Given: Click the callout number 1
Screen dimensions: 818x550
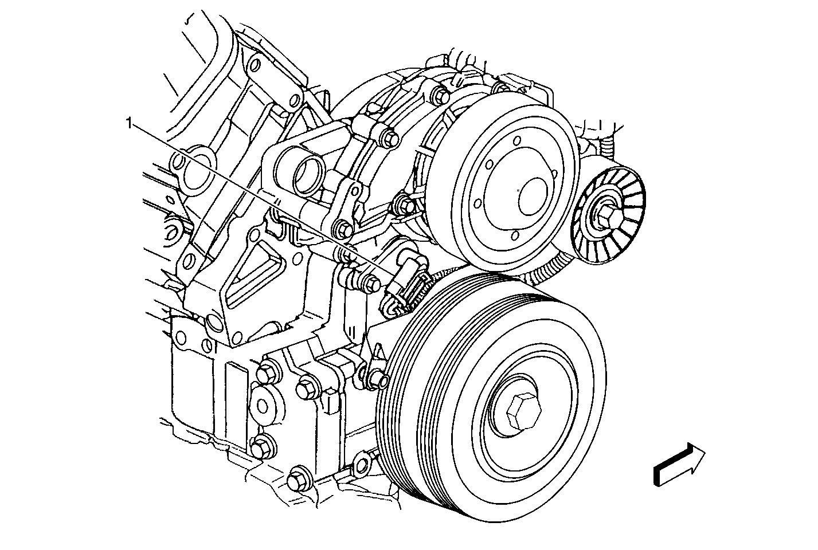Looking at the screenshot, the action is [x=128, y=123].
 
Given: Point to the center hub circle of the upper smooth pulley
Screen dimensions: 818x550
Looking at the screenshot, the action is [x=533, y=197].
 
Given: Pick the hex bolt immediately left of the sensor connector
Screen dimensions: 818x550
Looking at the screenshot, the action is [x=373, y=285].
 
